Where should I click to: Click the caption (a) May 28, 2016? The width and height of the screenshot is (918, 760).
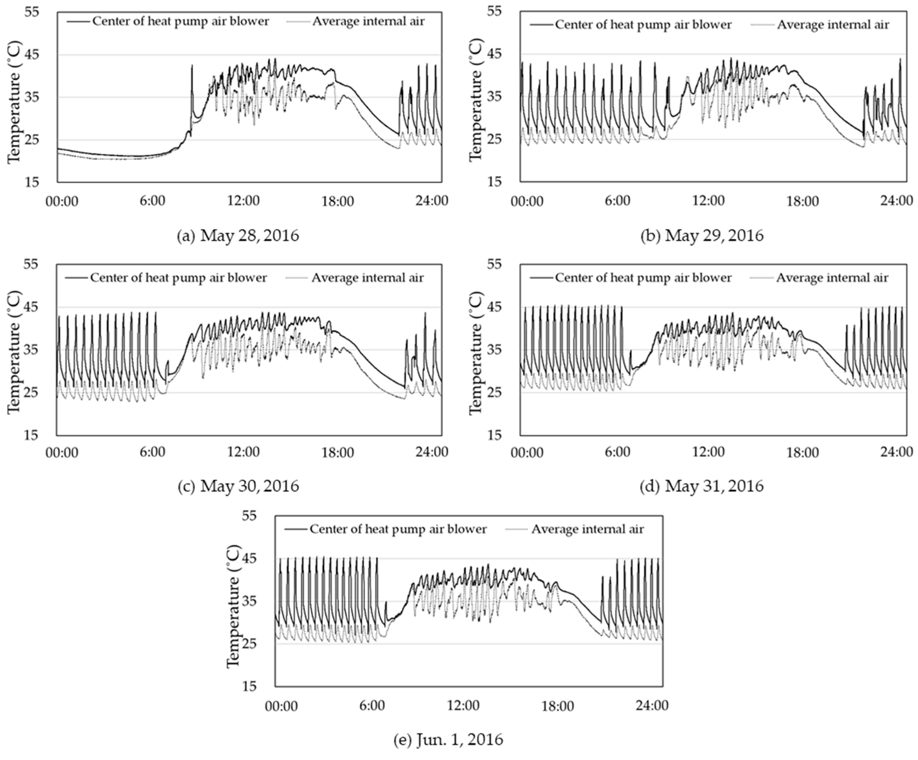click(238, 236)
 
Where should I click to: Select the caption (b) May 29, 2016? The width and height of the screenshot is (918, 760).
click(702, 236)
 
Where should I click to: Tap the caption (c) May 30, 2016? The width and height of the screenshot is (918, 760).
click(238, 486)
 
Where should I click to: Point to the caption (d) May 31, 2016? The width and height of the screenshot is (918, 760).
click(702, 486)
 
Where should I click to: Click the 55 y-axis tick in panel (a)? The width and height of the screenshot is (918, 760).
click(31, 12)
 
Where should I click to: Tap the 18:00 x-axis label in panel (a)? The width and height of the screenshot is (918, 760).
click(337, 200)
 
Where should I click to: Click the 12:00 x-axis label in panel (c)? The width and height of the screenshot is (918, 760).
click(243, 452)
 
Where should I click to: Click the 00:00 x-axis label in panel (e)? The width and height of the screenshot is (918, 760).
click(281, 705)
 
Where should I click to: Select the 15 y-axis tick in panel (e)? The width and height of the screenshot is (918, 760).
click(250, 686)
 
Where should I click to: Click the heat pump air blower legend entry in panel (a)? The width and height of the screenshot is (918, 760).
click(168, 21)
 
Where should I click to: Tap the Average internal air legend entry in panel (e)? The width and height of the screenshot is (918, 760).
click(575, 529)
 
